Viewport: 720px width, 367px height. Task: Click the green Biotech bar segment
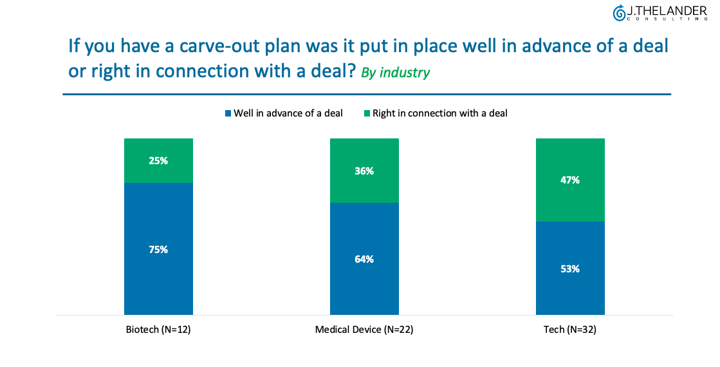tap(158, 160)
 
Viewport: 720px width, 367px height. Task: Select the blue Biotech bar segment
tap(158, 249)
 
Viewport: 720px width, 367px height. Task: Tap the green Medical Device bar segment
tap(364, 171)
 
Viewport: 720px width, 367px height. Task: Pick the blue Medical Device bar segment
tap(364, 259)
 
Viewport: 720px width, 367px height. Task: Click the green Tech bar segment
tap(570, 180)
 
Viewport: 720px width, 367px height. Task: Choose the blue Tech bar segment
tap(570, 268)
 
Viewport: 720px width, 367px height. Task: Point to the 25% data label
tap(158, 161)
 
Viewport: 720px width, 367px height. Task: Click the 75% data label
tap(158, 250)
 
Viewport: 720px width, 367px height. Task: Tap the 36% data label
tap(364, 171)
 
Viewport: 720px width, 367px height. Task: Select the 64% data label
tap(364, 259)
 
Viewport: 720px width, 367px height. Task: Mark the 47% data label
tap(570, 180)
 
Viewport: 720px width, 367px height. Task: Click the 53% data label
tap(570, 269)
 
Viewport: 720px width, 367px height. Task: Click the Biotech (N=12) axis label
tap(158, 330)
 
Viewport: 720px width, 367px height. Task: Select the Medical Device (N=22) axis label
tap(364, 330)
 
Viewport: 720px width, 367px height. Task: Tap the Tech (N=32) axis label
tap(570, 330)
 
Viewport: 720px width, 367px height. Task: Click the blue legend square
tap(228, 113)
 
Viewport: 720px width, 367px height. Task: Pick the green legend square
tap(367, 113)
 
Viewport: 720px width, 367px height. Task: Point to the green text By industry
tap(395, 73)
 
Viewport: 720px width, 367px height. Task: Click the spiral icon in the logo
tap(619, 14)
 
